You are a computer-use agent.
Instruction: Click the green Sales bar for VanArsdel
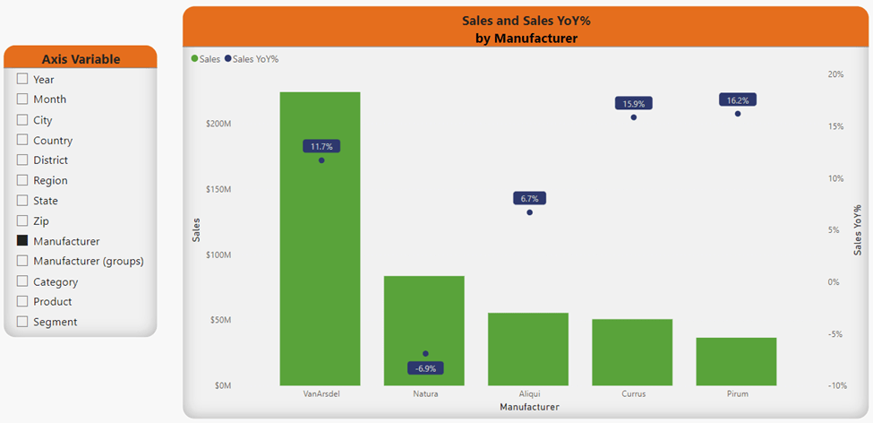[320, 269]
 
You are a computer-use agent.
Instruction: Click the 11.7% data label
[321, 146]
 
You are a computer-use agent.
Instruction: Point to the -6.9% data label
[425, 368]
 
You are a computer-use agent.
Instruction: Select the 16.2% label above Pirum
[738, 100]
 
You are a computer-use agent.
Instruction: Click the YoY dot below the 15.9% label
[634, 117]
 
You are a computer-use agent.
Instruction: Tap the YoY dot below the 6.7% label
[529, 212]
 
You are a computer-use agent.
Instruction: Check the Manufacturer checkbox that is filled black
[22, 241]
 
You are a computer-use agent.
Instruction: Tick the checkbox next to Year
[22, 79]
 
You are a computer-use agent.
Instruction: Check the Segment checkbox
[22, 322]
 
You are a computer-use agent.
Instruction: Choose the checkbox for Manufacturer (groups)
[22, 261]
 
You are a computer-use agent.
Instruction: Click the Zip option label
[41, 220]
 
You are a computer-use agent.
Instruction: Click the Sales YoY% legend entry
[255, 59]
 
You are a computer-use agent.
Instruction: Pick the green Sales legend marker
[195, 59]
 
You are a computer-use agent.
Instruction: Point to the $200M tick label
[218, 124]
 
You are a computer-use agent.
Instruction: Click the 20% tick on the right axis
[834, 74]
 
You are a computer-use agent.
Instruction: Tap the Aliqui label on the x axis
[529, 393]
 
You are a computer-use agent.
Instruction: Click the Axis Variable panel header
[81, 59]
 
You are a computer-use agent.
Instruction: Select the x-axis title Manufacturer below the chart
[528, 407]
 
